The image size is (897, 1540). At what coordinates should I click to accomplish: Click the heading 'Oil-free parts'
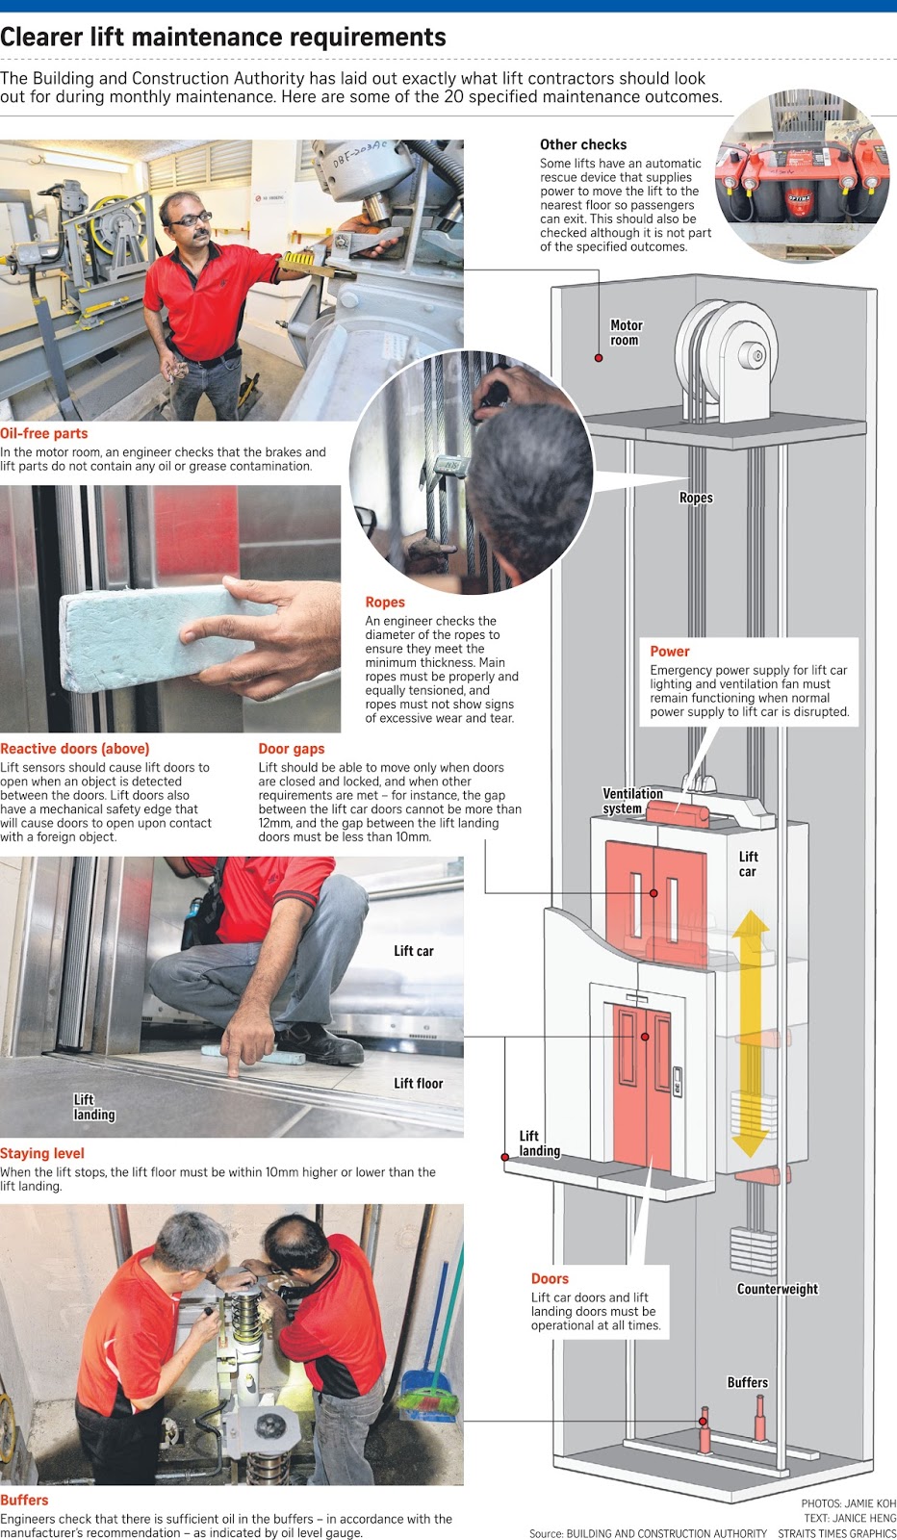click(44, 434)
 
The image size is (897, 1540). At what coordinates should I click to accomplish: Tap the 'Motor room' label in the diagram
click(626, 333)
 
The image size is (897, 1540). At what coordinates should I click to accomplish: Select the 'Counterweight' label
click(777, 1289)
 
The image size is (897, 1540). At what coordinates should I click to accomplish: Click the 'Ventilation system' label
click(631, 801)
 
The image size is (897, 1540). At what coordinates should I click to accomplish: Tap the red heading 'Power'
click(669, 652)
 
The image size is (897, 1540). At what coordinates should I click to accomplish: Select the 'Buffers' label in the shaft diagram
click(747, 1382)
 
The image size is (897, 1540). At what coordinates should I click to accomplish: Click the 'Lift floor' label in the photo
click(418, 1084)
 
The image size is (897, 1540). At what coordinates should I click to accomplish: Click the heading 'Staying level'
click(42, 1153)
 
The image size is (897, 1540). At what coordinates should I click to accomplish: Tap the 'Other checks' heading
click(582, 144)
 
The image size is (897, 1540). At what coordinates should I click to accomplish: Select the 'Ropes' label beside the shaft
click(695, 498)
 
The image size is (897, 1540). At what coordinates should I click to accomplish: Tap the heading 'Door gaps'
click(291, 749)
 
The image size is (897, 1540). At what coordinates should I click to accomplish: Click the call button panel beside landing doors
click(677, 1082)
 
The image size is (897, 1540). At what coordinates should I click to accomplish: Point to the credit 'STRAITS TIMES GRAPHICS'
click(836, 1533)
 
